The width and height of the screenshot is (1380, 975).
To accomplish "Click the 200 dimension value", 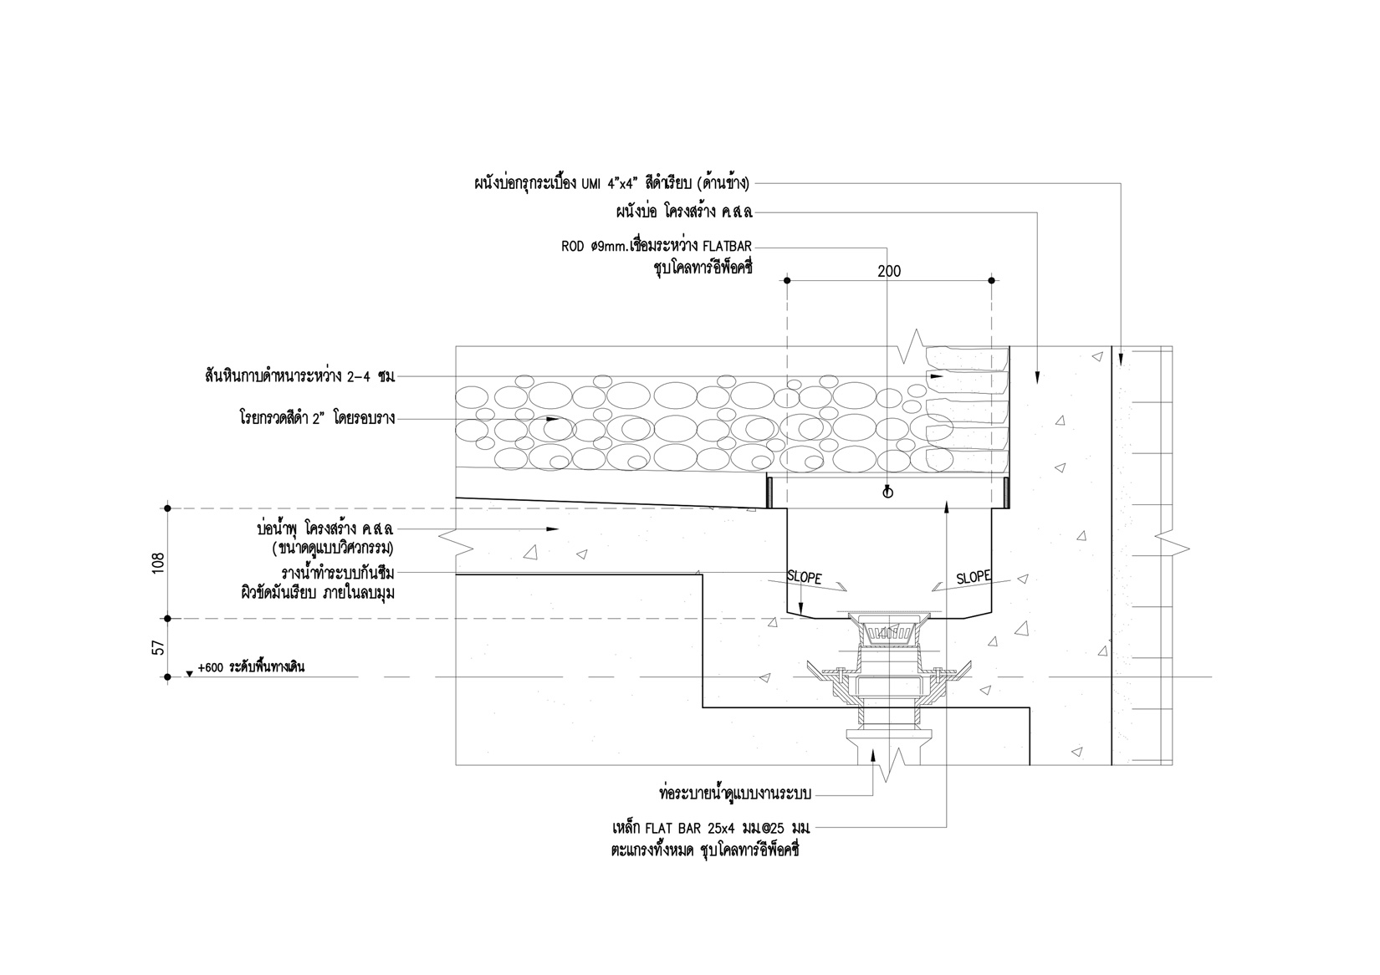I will (x=889, y=271).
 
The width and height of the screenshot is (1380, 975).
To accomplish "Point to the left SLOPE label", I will (x=805, y=578).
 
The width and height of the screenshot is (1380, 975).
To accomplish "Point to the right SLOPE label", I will (x=974, y=577).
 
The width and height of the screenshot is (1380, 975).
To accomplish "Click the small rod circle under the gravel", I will (x=888, y=493).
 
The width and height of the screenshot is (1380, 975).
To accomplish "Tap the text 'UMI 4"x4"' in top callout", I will (x=610, y=182).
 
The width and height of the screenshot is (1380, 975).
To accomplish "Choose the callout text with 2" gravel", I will (x=316, y=417).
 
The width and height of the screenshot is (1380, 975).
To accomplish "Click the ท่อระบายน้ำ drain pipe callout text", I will (x=735, y=792).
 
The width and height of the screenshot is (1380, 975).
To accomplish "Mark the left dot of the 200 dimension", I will (x=787, y=281).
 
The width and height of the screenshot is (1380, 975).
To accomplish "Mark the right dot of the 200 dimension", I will (x=991, y=281).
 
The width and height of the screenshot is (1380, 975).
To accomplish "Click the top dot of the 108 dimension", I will (x=168, y=508).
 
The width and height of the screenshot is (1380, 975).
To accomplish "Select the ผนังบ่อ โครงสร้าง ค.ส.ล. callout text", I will (x=682, y=212).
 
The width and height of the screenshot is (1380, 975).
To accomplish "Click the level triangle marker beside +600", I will (x=190, y=672).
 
